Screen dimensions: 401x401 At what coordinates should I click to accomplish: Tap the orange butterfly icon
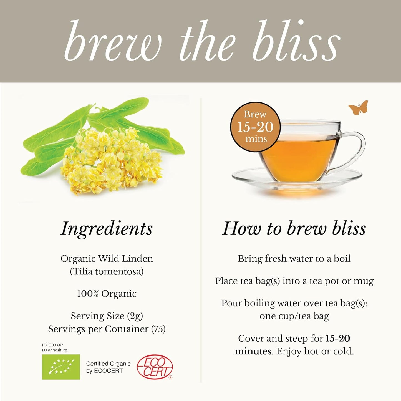[358, 108]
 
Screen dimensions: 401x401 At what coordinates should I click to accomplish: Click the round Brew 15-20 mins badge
[255, 127]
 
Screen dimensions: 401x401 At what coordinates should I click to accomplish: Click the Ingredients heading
[107, 229]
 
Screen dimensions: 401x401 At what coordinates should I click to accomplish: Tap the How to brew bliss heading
[294, 229]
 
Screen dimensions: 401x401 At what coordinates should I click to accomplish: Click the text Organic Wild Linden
[107, 259]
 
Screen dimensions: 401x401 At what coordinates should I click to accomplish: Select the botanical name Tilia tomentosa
[107, 271]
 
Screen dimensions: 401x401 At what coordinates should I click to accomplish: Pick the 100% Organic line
[107, 294]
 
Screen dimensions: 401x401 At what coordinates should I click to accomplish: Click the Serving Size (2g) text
[107, 316]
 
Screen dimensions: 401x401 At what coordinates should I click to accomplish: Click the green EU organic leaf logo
[61, 367]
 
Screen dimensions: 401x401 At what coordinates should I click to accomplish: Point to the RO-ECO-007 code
[53, 345]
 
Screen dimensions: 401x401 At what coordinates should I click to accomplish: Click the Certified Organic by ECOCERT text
[108, 367]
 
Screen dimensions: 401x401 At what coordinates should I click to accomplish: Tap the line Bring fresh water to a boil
[294, 259]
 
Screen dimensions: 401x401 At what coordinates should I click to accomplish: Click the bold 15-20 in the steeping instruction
[338, 338]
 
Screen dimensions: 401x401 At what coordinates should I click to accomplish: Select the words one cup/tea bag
[294, 316]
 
